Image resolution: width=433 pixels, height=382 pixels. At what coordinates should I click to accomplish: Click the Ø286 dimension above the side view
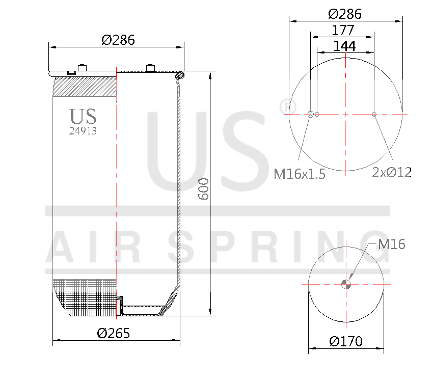click(x=118, y=40)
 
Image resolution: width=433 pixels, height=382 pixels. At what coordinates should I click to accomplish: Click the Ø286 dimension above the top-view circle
click(x=345, y=14)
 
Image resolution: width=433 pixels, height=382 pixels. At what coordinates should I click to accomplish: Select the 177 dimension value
click(x=343, y=30)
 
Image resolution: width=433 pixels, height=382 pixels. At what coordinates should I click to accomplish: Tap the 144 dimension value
click(x=344, y=46)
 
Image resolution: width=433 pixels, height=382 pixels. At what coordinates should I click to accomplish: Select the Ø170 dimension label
click(x=346, y=341)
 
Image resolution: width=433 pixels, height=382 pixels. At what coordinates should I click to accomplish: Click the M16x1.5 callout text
click(x=300, y=174)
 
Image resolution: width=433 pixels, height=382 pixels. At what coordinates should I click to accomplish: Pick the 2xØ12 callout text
click(x=391, y=172)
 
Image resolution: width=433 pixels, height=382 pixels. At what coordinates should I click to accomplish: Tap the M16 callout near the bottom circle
click(x=391, y=244)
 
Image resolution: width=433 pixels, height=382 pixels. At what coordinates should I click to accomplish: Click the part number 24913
click(x=83, y=130)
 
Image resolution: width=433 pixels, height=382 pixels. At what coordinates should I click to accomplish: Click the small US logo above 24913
click(x=83, y=116)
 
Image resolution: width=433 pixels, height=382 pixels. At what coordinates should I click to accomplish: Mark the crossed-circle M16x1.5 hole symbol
click(x=310, y=114)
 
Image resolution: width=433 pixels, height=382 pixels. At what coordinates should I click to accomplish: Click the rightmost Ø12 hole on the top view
click(x=374, y=114)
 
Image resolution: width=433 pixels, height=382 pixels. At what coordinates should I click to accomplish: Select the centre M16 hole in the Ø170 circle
click(x=346, y=284)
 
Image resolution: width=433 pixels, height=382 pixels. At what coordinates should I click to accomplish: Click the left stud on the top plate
click(x=82, y=68)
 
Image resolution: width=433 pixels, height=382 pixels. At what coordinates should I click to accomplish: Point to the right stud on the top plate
click(x=150, y=68)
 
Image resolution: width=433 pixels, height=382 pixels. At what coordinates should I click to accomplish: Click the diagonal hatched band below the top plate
click(x=85, y=86)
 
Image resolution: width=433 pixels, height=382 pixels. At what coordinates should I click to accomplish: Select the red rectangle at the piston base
click(x=119, y=307)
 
